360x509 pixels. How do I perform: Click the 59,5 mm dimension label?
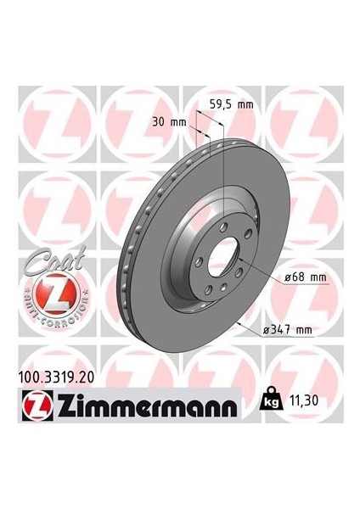point(231,105)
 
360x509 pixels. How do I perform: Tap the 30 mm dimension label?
point(172,121)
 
